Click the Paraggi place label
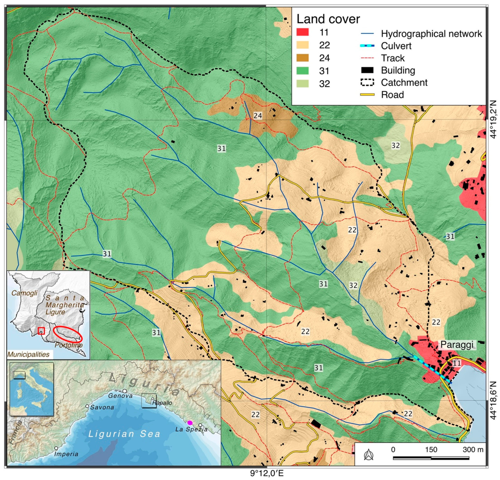[457, 345]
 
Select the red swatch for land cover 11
[302, 32]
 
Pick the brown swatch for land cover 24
[302, 58]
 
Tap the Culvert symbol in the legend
[367, 46]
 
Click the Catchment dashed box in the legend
[367, 82]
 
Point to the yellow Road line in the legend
[367, 95]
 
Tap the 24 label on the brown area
[257, 116]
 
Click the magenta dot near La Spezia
[190, 423]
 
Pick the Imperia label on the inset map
[66, 454]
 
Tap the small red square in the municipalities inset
[41, 331]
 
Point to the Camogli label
[24, 293]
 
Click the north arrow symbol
[368, 455]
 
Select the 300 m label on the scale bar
[473, 449]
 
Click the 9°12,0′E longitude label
[267, 474]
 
